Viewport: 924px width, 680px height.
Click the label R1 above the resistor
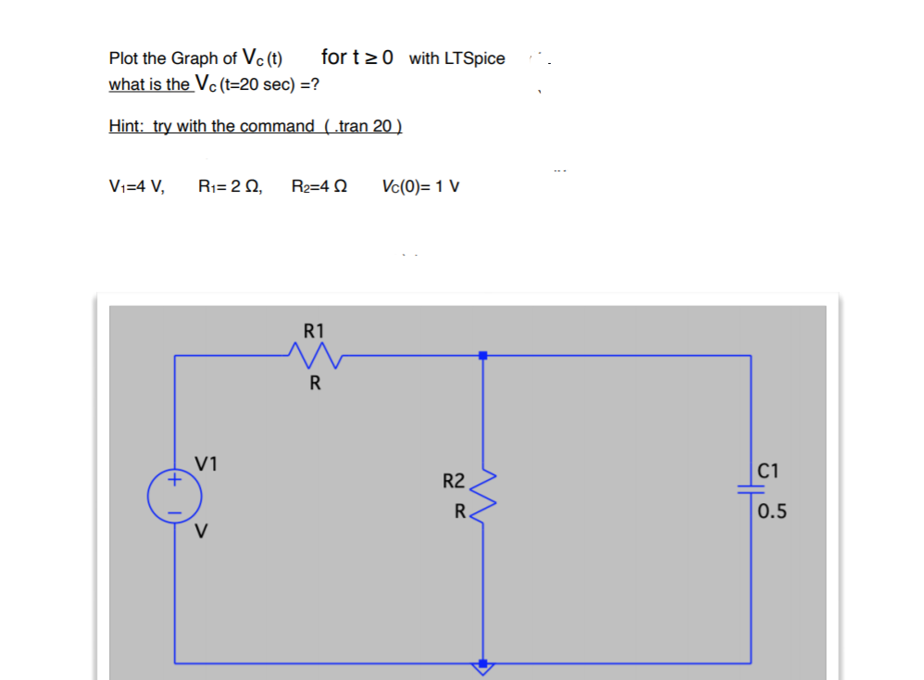314,330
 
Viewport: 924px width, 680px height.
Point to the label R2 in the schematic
454,481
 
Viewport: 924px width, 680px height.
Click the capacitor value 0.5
772,512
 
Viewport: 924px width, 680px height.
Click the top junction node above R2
481,355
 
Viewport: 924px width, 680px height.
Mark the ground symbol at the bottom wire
481,665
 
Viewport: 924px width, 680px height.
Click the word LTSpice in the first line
475,58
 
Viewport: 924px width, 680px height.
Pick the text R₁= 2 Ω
231,186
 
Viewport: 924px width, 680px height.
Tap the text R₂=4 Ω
319,186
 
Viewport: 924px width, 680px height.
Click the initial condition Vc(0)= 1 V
420,186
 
